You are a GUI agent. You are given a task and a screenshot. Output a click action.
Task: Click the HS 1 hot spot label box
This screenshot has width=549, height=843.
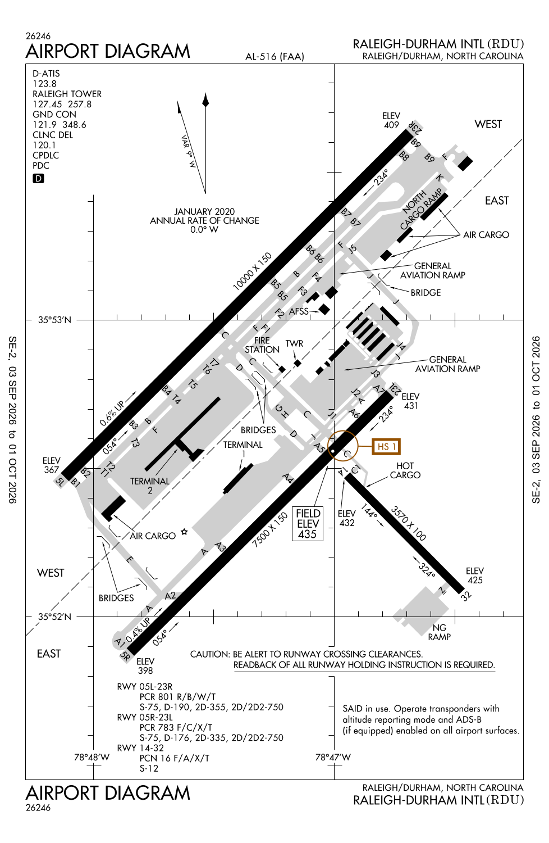[x=386, y=447]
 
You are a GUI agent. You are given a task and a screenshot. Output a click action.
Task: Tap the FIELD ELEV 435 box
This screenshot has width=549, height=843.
[x=308, y=524]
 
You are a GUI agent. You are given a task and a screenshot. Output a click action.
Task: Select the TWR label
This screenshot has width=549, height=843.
[x=294, y=343]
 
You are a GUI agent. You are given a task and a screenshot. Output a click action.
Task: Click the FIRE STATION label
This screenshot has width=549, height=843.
[x=262, y=345]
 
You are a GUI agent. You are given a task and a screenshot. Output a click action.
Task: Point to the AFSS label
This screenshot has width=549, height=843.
[x=299, y=311]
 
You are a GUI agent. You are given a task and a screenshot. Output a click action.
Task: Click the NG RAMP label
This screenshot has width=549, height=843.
[x=439, y=632]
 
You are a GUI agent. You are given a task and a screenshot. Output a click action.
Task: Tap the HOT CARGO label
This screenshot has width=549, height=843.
[x=405, y=470]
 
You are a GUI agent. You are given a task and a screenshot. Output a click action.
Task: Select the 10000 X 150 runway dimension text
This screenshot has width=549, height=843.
[x=252, y=271]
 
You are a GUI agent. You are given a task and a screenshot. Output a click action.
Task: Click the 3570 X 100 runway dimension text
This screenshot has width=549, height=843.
[x=408, y=523]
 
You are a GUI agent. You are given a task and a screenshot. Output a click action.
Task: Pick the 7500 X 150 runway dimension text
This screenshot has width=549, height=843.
[x=269, y=530]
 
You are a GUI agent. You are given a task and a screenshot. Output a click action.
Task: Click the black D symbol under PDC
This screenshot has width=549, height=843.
[x=38, y=178]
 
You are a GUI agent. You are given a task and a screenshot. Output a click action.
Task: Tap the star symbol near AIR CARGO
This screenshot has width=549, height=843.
[x=184, y=532]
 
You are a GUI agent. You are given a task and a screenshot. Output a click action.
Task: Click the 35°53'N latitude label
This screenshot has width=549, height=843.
[x=54, y=320]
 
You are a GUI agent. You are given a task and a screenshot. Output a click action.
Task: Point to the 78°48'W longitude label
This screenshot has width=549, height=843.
[x=91, y=757]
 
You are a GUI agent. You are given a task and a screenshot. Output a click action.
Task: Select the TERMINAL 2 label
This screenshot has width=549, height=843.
[x=150, y=486]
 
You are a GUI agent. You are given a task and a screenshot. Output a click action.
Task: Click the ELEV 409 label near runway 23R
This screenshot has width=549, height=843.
[x=391, y=120]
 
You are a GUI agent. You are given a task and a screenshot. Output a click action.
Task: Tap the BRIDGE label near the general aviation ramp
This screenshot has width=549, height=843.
[x=426, y=292]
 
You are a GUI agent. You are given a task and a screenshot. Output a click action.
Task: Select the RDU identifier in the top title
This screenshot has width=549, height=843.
[x=505, y=44]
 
